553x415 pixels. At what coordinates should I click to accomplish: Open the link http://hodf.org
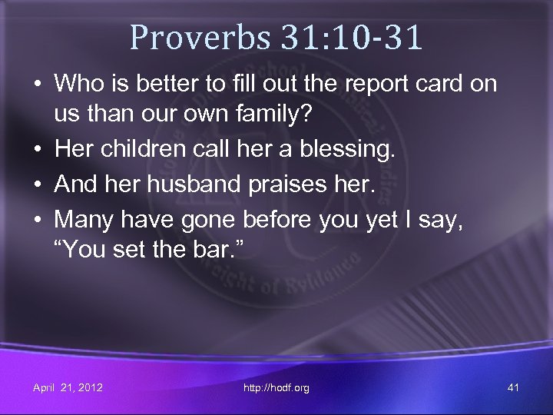pyautogui.click(x=276, y=388)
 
